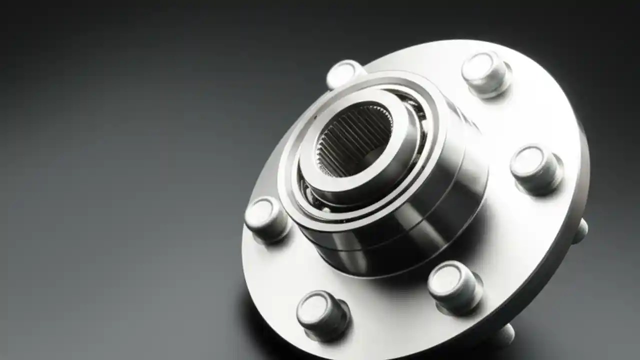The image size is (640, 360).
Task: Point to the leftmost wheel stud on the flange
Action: point(266,219)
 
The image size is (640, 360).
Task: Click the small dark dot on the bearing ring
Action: point(315,117)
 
